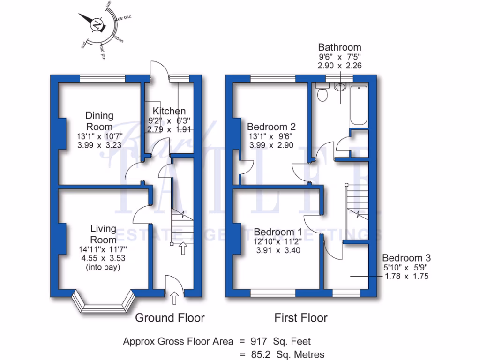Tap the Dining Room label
point(99,120)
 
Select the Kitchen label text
point(169,111)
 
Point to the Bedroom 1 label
point(278,232)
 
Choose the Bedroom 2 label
point(271,127)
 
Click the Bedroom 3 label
point(406,258)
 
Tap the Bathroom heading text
point(340,47)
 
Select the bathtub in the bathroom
point(360,105)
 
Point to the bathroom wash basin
point(341,87)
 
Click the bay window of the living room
point(103,305)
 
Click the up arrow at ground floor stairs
point(182,248)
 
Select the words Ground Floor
point(170,318)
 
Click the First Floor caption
point(300,318)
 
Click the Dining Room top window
point(102,79)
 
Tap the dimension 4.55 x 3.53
point(103,258)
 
